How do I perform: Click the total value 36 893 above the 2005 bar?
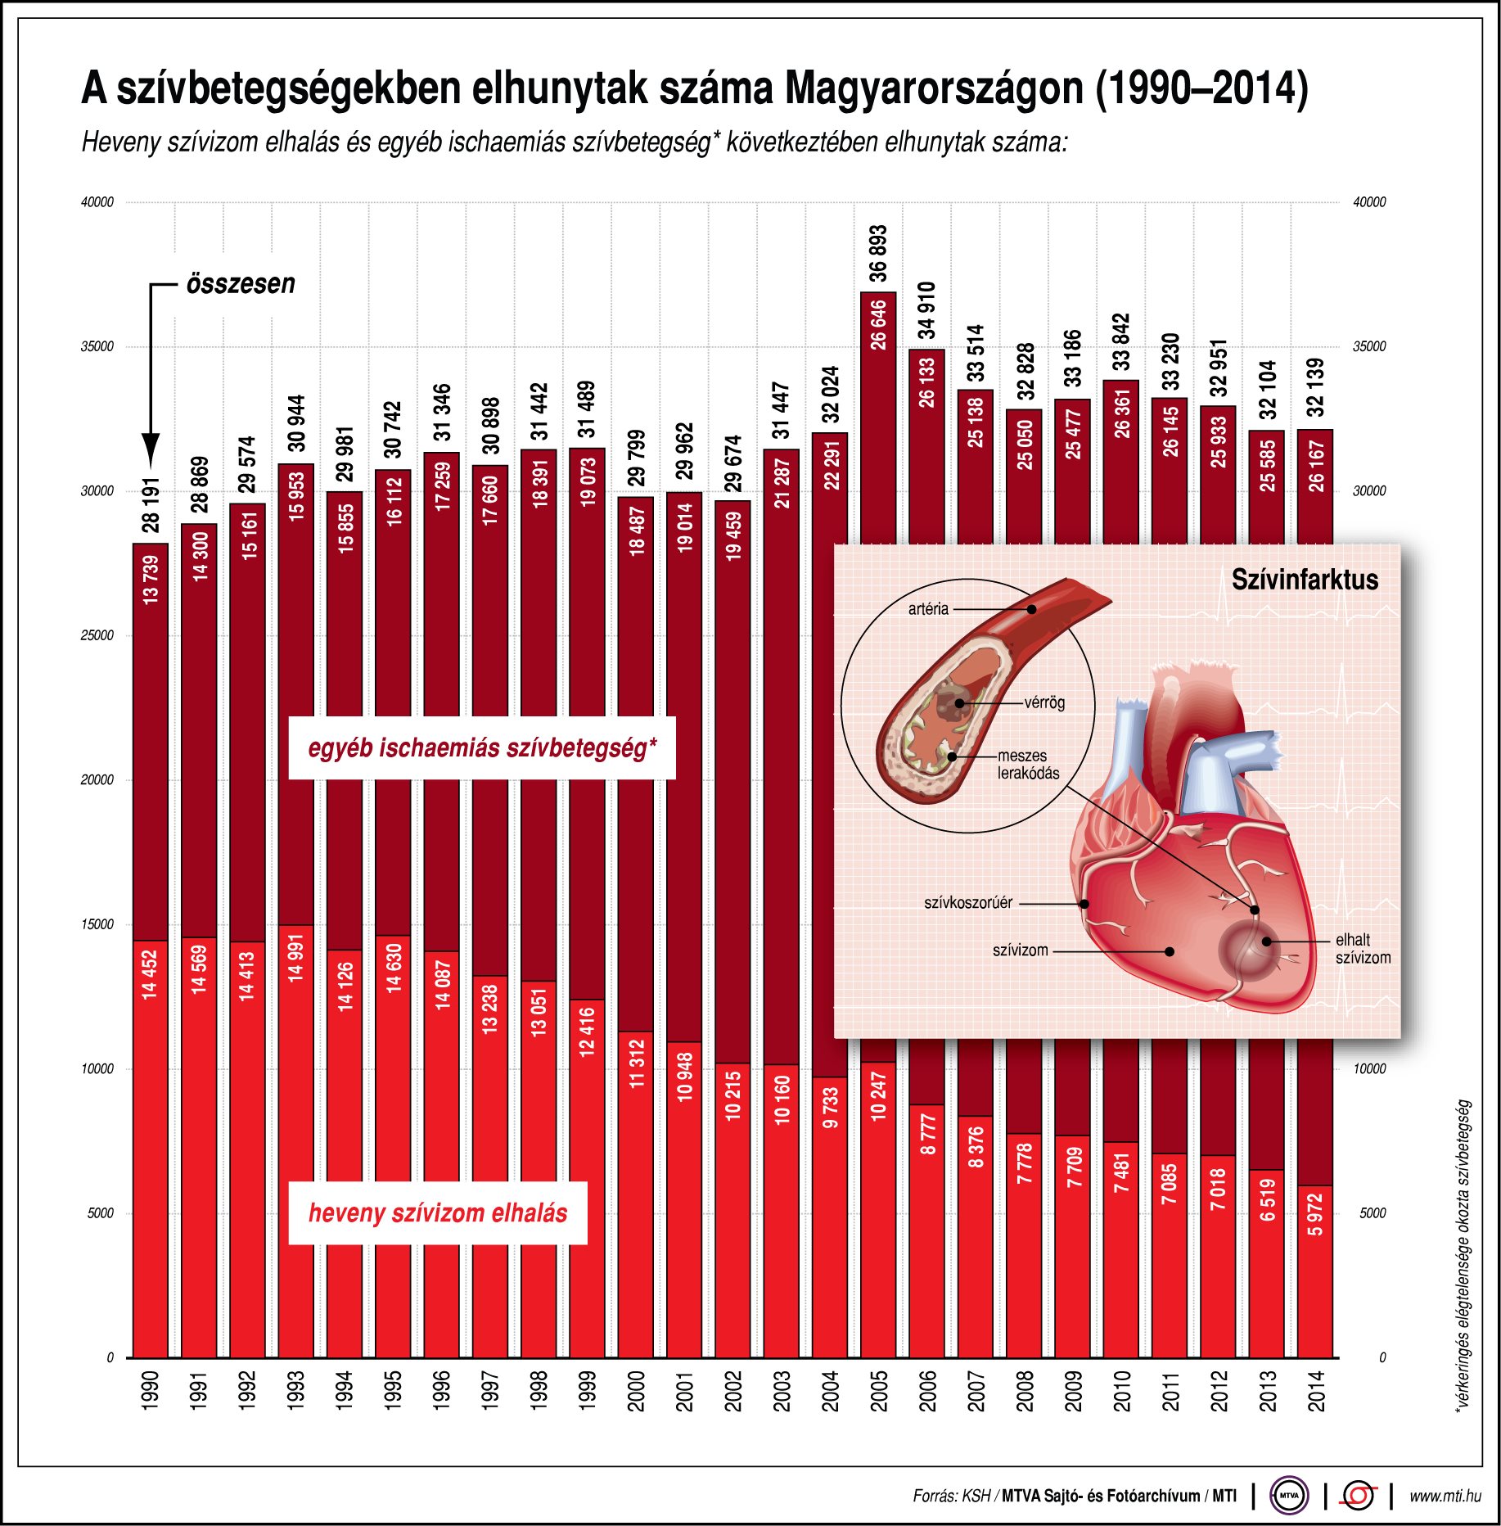pyautogui.click(x=878, y=253)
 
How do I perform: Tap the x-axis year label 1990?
pyautogui.click(x=151, y=1391)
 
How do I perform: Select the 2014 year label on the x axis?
pyautogui.click(x=1316, y=1391)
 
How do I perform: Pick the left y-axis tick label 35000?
pyautogui.click(x=97, y=347)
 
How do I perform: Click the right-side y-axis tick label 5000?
pyautogui.click(x=1373, y=1213)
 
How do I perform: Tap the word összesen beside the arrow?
pyautogui.click(x=241, y=284)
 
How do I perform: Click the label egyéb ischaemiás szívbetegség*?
pyautogui.click(x=482, y=748)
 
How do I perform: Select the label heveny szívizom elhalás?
pyautogui.click(x=438, y=1213)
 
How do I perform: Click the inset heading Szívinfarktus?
pyautogui.click(x=1305, y=580)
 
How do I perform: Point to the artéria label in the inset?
pyautogui.click(x=928, y=609)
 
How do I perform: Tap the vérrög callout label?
pyautogui.click(x=1045, y=702)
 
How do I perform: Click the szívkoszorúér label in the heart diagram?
pyautogui.click(x=968, y=903)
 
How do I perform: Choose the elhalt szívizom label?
pyautogui.click(x=1363, y=949)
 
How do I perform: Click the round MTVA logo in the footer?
pyautogui.click(x=1289, y=1496)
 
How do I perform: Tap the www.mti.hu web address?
pyautogui.click(x=1445, y=1496)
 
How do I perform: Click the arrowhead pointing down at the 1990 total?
pyautogui.click(x=151, y=450)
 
